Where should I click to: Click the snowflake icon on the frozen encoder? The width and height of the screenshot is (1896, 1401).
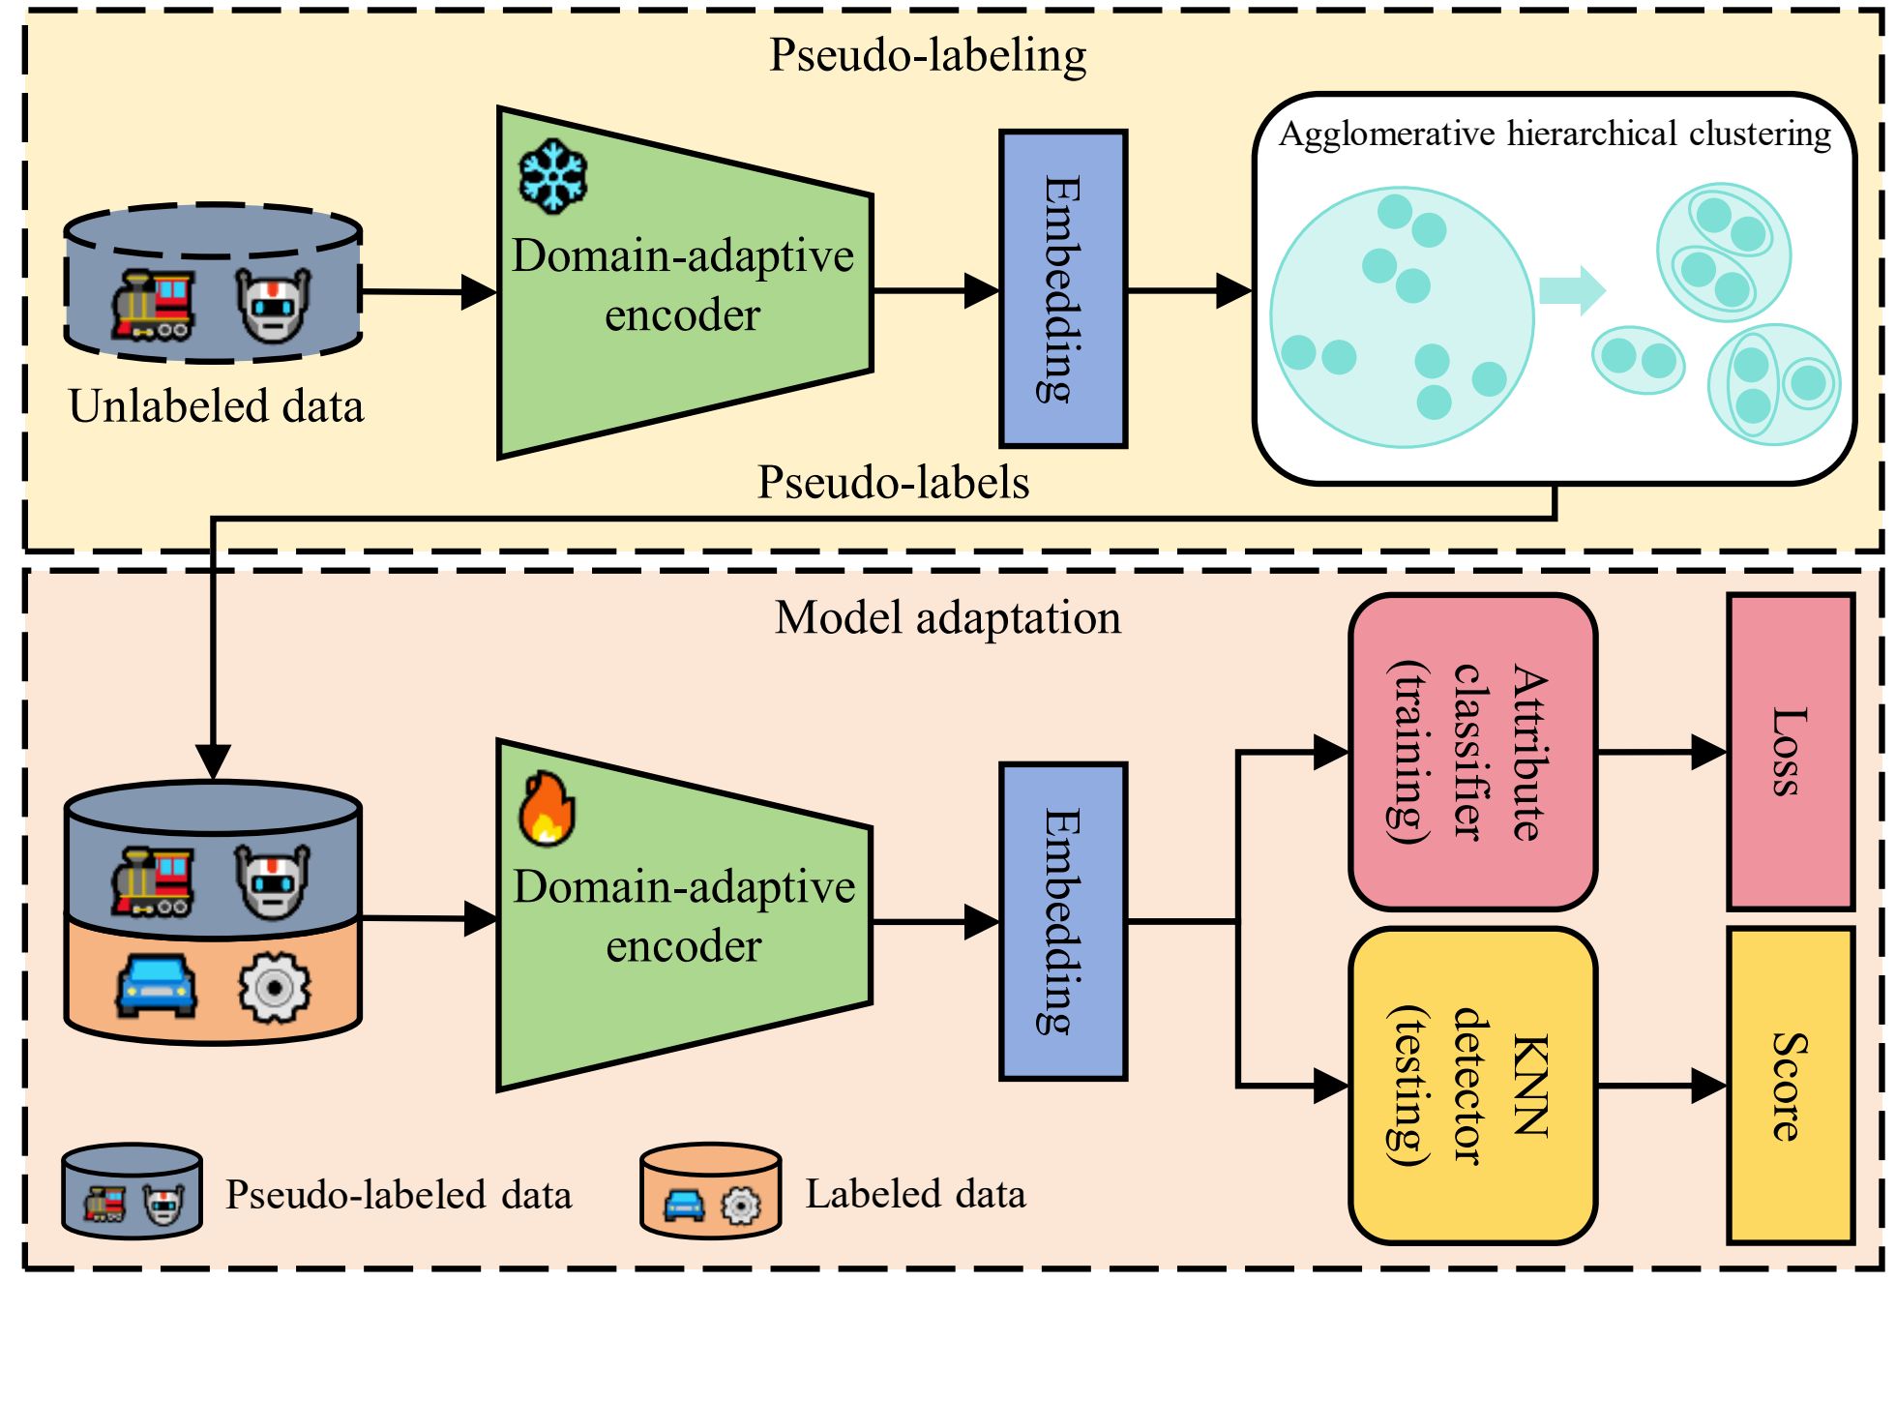click(x=552, y=176)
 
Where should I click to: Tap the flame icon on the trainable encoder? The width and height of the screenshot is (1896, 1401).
click(x=548, y=809)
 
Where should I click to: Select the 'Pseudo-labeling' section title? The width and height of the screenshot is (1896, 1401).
click(x=927, y=55)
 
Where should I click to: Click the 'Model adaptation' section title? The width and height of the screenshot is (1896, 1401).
click(x=947, y=617)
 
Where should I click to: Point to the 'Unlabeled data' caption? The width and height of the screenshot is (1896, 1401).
click(x=216, y=406)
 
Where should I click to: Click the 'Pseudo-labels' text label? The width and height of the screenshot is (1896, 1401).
click(x=892, y=482)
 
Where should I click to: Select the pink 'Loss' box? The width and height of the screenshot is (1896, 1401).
click(x=1790, y=752)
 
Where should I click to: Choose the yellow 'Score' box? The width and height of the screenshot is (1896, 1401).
click(x=1790, y=1086)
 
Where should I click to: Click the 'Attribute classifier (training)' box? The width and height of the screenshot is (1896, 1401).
click(x=1471, y=752)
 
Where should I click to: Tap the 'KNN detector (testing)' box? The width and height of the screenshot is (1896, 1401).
click(x=1471, y=1086)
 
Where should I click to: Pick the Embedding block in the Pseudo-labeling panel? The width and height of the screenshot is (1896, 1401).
click(x=1062, y=288)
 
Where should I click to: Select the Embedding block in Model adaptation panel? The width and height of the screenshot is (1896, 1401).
click(x=1062, y=921)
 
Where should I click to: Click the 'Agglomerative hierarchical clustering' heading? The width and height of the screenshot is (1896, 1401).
click(x=1554, y=134)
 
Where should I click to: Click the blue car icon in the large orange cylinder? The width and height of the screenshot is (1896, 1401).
click(x=156, y=986)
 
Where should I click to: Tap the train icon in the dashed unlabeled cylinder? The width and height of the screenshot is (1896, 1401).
click(x=153, y=305)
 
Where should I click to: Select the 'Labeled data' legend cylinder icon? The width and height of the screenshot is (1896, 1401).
click(x=710, y=1191)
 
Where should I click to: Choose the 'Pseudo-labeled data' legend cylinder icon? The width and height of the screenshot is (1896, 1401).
click(x=132, y=1191)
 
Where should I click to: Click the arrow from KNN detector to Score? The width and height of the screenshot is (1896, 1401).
click(x=1661, y=1086)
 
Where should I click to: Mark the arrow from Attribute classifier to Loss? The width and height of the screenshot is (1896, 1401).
click(x=1661, y=752)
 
